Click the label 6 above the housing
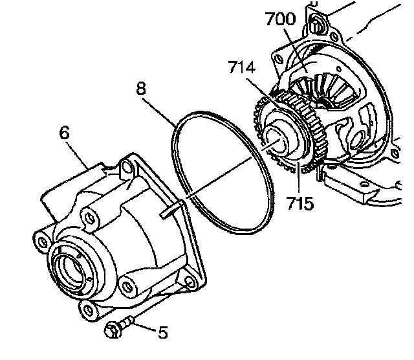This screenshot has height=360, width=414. [x=63, y=133]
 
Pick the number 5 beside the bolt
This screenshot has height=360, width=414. [x=163, y=332]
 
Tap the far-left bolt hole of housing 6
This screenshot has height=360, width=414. [x=43, y=242]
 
